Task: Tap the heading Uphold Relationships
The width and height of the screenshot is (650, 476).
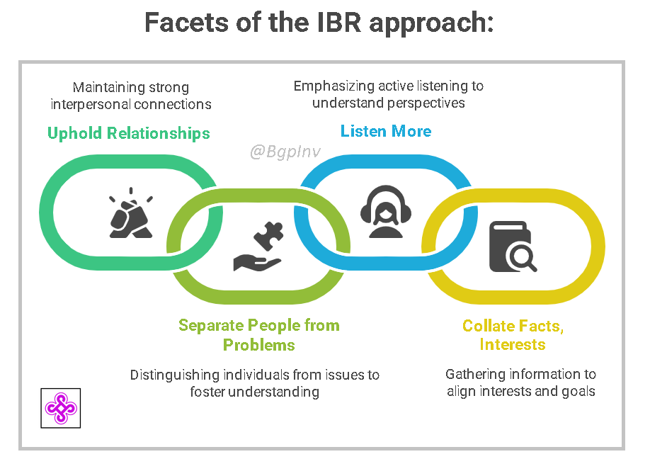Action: pyautogui.click(x=128, y=133)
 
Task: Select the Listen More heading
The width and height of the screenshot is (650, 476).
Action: pyautogui.click(x=386, y=131)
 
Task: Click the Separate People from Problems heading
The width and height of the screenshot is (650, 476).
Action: pyautogui.click(x=259, y=335)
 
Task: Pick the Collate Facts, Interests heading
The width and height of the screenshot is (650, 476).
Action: pyautogui.click(x=513, y=335)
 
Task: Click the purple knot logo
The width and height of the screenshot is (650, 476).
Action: pyautogui.click(x=61, y=407)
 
